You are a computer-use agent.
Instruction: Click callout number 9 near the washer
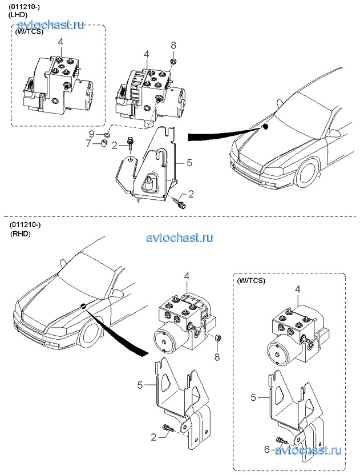coord(92,134)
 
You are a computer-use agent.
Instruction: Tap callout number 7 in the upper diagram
coord(88,143)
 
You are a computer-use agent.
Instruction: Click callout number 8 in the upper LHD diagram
coord(174,45)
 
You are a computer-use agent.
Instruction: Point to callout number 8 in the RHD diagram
coord(217,357)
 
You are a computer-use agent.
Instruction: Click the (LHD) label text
coord(19,14)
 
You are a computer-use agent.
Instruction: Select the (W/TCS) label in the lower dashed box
coord(251,281)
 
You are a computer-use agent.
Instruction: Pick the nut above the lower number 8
coord(217,340)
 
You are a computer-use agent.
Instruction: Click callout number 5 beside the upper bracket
coord(189,163)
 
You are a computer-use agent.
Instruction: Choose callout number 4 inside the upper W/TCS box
coord(60,42)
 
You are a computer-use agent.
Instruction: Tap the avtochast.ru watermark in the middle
coord(180,237)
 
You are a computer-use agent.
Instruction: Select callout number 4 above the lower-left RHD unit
coord(186,277)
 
